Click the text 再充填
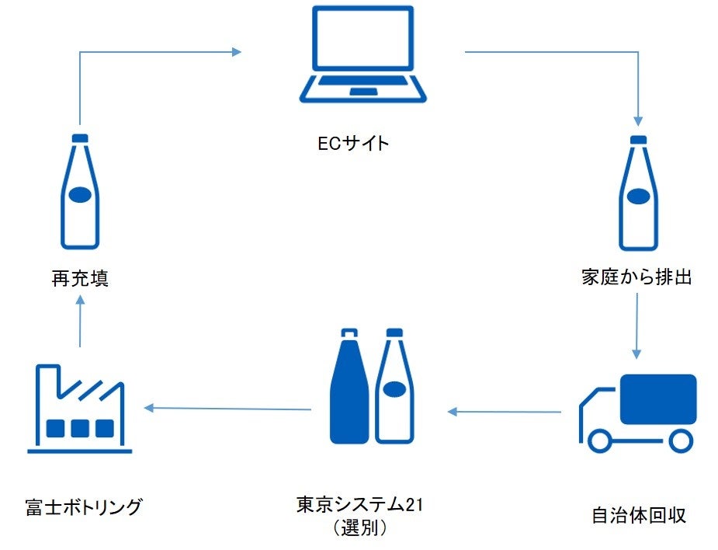click(80, 278)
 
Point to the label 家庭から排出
click(636, 277)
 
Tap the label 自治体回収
click(639, 515)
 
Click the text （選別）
click(359, 528)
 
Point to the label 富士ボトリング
click(84, 507)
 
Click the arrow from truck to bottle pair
click(505, 411)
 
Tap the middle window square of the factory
click(80, 428)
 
